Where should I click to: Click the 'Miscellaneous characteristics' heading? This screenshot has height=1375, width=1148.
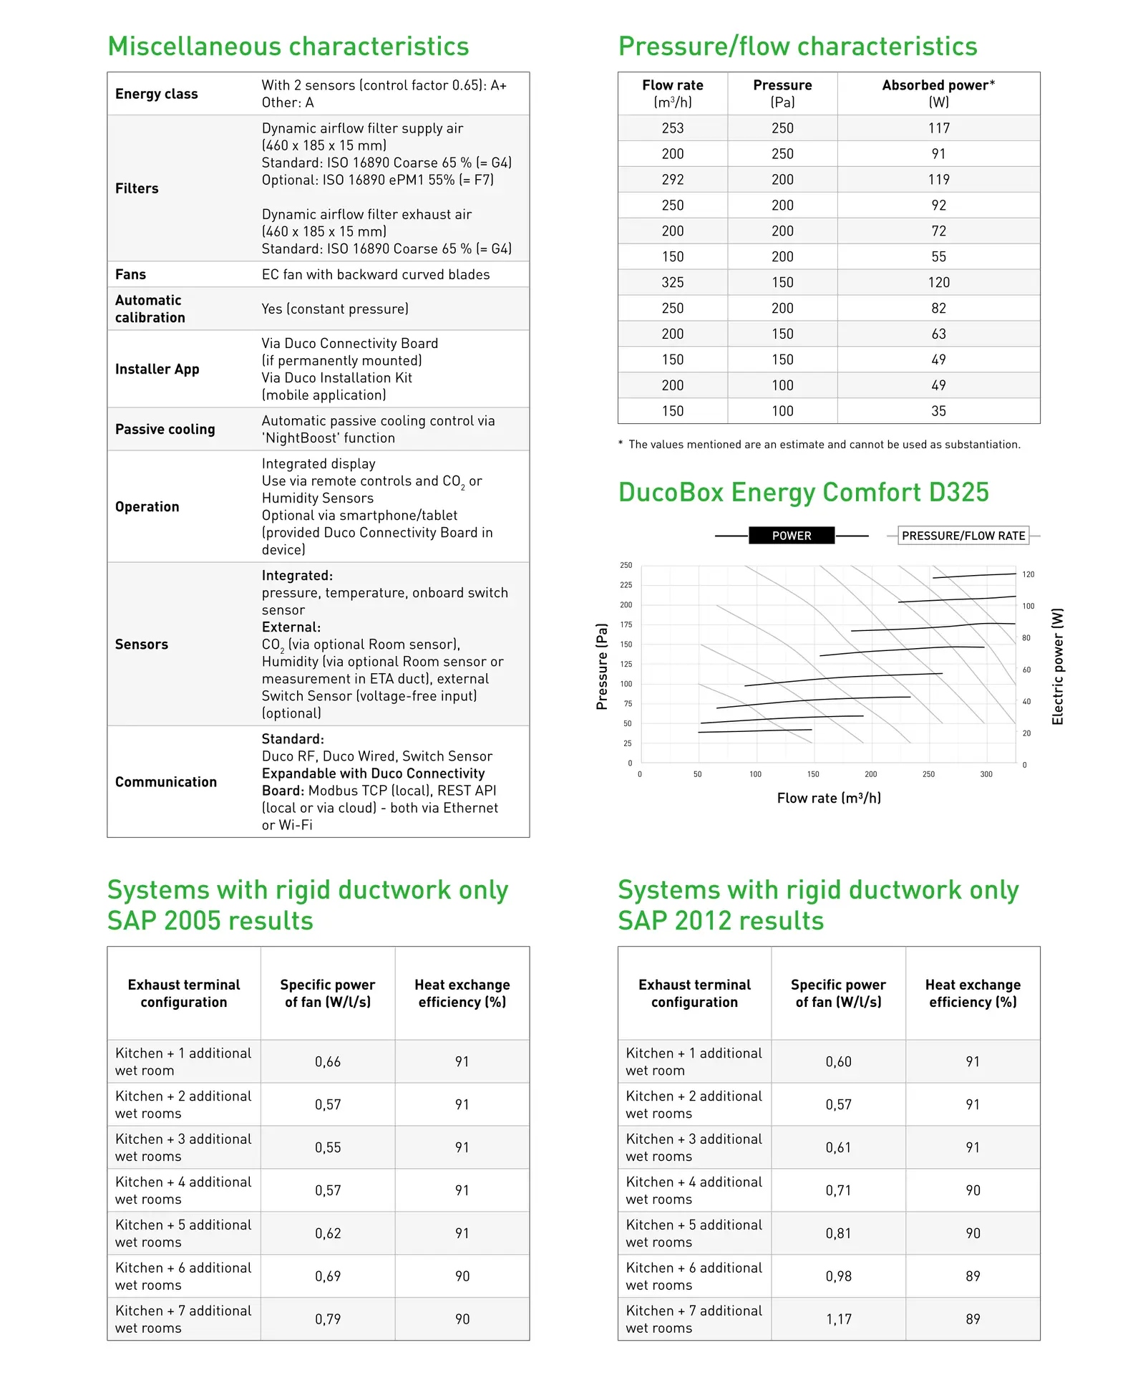[x=288, y=47]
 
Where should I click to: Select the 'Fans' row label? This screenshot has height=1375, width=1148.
[x=130, y=274]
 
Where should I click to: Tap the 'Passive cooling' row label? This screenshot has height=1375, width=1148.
[x=165, y=429]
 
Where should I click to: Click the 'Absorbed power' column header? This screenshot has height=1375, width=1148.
[x=938, y=93]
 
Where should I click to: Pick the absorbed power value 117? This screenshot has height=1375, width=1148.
[x=938, y=128]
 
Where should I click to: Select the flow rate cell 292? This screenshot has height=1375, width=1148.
[x=673, y=180]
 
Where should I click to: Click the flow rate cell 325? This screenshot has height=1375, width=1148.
[x=673, y=283]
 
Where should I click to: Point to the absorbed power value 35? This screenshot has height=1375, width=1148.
[x=938, y=411]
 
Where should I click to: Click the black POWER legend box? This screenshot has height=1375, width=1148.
[x=792, y=536]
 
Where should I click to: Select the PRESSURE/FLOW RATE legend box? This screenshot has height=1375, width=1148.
[x=963, y=536]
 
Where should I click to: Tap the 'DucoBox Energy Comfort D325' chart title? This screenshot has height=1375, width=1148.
[x=803, y=493]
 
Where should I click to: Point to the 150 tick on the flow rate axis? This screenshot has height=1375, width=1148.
[x=813, y=774]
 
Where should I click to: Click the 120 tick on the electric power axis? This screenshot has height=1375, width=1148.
[x=1028, y=574]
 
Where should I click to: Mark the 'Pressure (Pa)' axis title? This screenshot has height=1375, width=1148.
[x=602, y=666]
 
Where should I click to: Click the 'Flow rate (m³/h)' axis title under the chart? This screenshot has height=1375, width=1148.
[x=829, y=798]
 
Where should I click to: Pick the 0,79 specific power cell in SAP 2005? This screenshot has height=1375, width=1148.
[x=328, y=1319]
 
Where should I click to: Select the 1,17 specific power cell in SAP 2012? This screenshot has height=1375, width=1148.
[x=838, y=1319]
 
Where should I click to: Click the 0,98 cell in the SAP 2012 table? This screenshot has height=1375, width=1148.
[x=838, y=1276]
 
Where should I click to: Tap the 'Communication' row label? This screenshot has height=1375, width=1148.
[x=166, y=782]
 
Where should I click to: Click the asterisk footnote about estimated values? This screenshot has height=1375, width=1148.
[x=819, y=445]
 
